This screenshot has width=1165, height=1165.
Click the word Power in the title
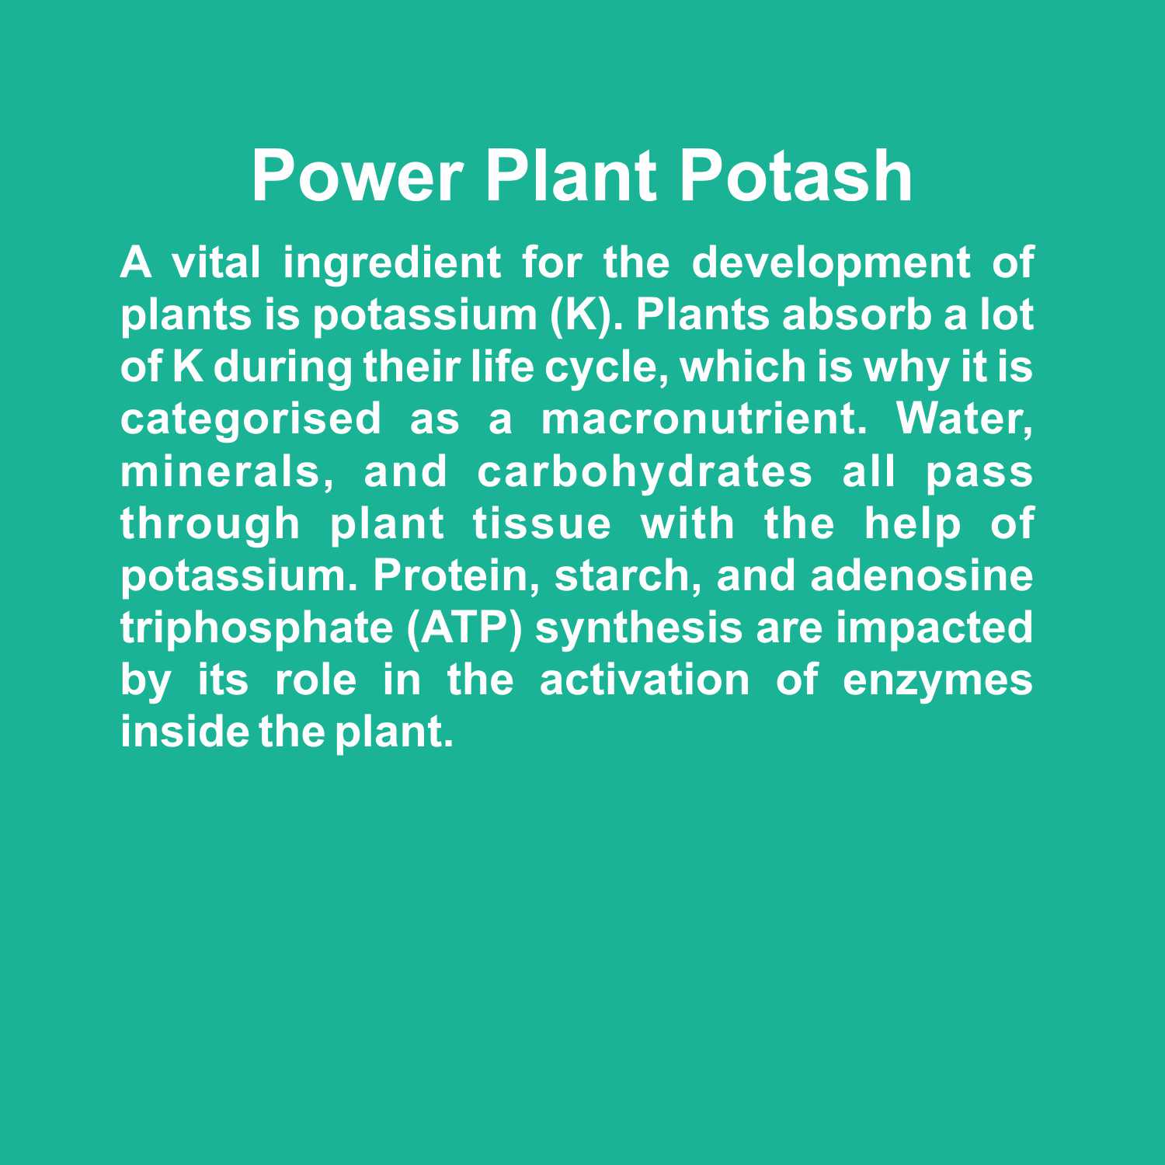[358, 176]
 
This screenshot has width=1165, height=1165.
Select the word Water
[965, 421]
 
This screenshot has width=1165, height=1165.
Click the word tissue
[542, 524]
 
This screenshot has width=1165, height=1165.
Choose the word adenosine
[922, 576]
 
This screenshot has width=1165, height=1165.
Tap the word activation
[645, 680]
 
